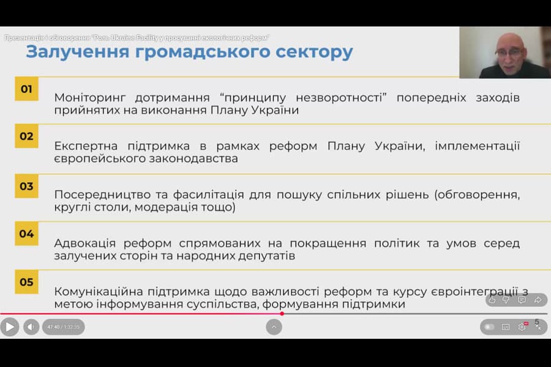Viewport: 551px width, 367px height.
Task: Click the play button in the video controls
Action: [x=9, y=327]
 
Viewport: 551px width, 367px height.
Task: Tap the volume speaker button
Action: [x=31, y=327]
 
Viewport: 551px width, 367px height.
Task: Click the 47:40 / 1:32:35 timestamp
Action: [x=64, y=327]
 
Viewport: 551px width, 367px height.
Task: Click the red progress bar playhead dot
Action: [x=282, y=314]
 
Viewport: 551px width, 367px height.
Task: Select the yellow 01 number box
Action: [x=26, y=89]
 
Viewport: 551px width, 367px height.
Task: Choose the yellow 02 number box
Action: [x=26, y=136]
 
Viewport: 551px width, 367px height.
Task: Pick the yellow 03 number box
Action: [x=26, y=186]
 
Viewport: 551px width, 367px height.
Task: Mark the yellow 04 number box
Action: [x=26, y=234]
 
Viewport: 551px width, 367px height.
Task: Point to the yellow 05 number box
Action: [x=26, y=282]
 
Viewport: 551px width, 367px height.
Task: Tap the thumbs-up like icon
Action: [x=492, y=300]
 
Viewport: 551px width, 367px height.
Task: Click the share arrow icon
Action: [x=538, y=300]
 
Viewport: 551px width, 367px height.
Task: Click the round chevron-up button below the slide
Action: [x=274, y=327]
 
